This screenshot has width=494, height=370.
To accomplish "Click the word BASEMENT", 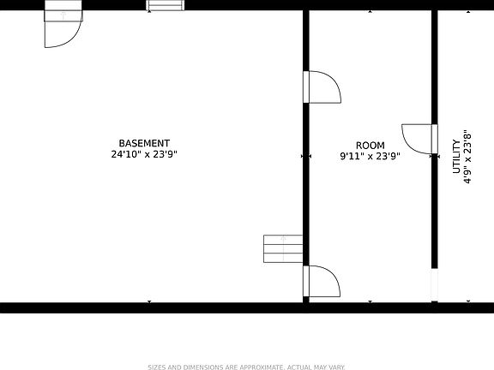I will tap(144, 144).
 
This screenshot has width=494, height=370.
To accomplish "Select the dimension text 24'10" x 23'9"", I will tap(144, 155).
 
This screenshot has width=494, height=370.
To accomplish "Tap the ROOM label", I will tap(370, 146).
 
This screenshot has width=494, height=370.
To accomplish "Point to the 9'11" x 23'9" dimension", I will tap(370, 156).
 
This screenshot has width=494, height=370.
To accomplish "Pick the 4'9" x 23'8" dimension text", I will tap(467, 157).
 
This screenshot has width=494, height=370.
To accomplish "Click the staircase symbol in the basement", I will tap(282, 249).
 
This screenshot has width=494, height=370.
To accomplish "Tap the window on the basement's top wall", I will tap(166, 5).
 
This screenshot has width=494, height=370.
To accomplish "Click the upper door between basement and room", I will tap(322, 87).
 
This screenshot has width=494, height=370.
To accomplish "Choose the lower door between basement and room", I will tap(322, 281).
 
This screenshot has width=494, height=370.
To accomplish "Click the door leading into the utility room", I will tap(420, 140).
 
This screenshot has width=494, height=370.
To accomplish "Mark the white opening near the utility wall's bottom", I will tap(434, 283).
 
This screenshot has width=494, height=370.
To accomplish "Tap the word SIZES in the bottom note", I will tap(158, 367).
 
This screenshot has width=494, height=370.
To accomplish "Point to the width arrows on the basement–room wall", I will tap(306, 156).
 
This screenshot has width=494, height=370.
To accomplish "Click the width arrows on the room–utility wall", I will tap(435, 156).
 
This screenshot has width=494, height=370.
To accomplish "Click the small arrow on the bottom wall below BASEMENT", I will tap(149, 302).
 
